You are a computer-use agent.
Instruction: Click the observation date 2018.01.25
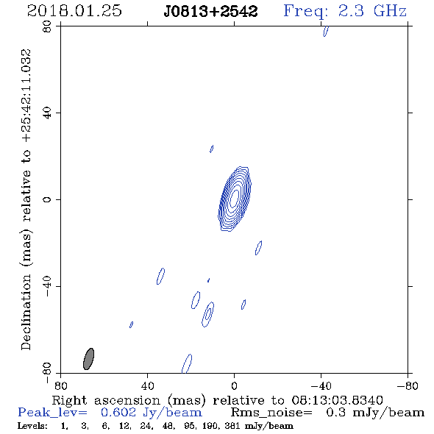(74, 11)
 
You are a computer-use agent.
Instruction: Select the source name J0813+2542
(210, 11)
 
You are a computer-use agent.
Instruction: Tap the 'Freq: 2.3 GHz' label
(345, 11)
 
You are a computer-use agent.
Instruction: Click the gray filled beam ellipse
(88, 359)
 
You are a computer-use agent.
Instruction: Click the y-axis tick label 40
(47, 113)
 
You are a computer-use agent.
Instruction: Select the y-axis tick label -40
(47, 286)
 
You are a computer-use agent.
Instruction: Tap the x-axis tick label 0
(234, 385)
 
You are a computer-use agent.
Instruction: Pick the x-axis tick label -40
(321, 385)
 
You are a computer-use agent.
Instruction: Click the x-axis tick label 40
(148, 385)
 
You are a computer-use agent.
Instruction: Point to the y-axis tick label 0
(47, 199)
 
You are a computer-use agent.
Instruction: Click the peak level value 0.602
(118, 413)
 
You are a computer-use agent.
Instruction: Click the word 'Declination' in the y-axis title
(26, 312)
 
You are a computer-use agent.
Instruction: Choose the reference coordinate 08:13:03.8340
(337, 400)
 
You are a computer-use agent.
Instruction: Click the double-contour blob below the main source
(208, 314)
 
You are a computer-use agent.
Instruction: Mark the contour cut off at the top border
(326, 31)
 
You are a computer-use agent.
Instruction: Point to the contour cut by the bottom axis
(187, 363)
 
